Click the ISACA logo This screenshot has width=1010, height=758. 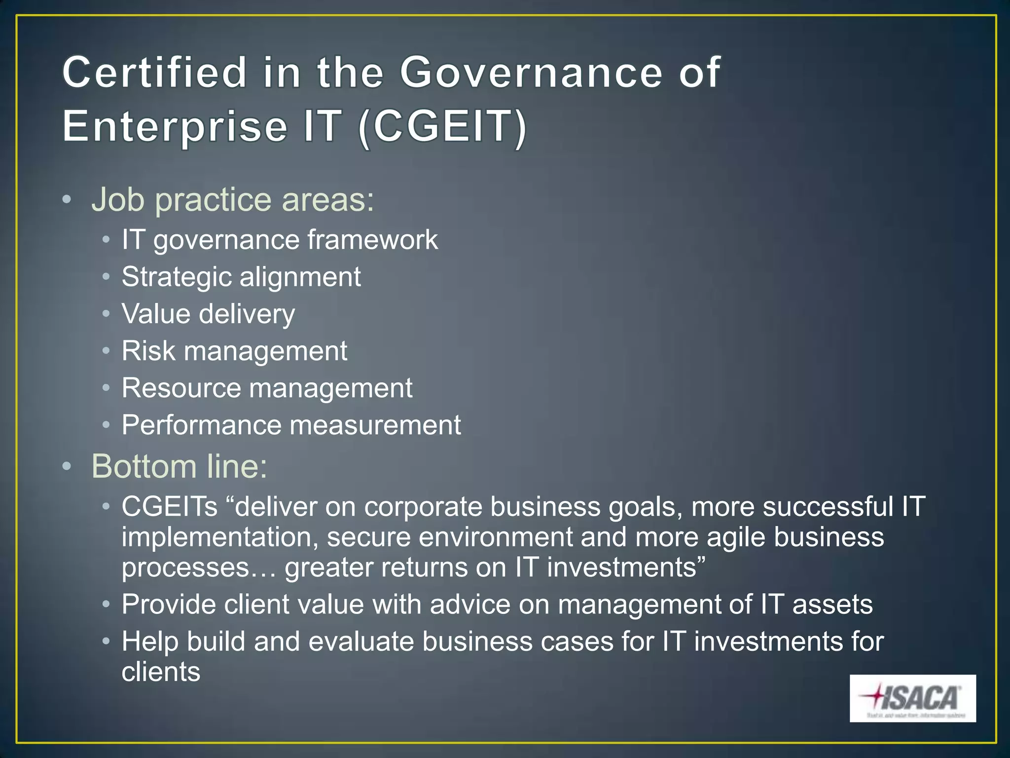point(912,698)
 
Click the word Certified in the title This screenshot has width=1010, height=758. point(154,73)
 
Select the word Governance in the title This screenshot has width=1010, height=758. point(531,73)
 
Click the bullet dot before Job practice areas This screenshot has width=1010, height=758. point(67,200)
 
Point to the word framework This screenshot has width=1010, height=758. point(373,240)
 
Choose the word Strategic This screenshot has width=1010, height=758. point(176,277)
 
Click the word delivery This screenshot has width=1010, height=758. point(247,314)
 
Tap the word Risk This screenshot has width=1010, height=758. point(148,351)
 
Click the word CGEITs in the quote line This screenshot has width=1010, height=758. point(170,506)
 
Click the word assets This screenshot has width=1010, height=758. point(832,605)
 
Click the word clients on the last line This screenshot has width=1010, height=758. point(161,672)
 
